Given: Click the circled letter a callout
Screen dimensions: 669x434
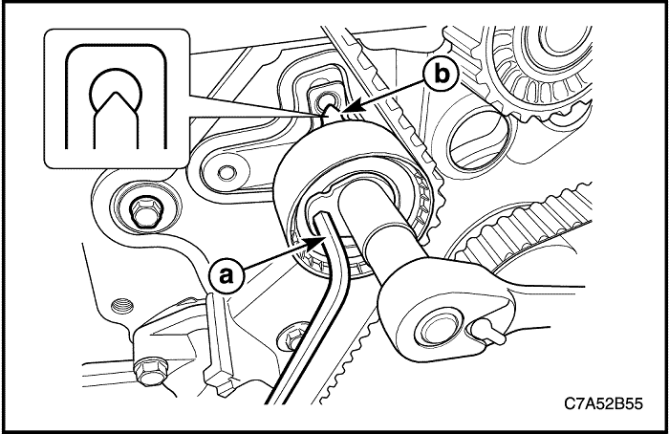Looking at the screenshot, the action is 227,275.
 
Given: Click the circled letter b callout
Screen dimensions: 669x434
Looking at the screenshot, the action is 441,75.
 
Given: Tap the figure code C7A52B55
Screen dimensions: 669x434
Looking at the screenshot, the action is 603,403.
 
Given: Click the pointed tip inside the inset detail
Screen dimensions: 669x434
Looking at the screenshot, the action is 115,92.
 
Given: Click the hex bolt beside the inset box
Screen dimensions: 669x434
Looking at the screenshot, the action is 144,211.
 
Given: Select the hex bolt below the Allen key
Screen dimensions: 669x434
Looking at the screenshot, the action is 293,336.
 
